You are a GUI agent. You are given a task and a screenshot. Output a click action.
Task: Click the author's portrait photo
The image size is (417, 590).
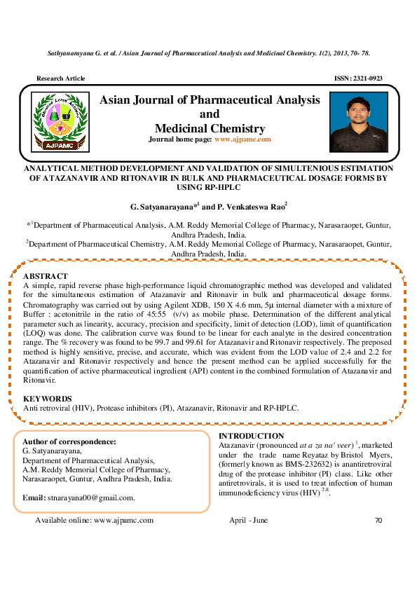pos(358,123)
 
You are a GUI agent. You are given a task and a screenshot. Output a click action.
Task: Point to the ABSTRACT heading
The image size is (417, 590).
pos(46,276)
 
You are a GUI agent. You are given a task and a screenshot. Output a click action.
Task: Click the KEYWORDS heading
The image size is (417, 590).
pos(48,398)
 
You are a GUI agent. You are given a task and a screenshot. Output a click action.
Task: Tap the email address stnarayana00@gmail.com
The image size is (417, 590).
pos(90,498)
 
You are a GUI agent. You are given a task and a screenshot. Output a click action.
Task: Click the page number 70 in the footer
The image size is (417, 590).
pos(378,521)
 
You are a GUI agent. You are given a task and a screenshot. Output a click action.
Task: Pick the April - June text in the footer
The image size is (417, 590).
pos(248,521)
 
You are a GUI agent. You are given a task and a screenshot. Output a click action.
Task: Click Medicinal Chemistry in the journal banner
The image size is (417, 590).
pos(210,128)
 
